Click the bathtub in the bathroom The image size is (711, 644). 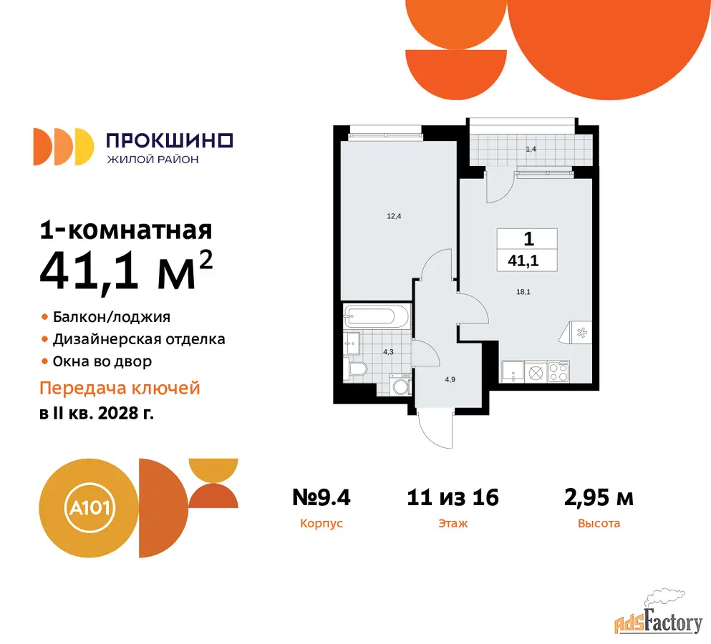[x=377, y=316]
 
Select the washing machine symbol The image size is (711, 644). [x=401, y=385]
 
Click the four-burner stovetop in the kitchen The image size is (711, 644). [x=558, y=371]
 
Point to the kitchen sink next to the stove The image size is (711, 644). [x=513, y=371]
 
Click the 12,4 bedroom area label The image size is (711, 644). [x=394, y=216]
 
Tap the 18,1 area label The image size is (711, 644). [x=523, y=292]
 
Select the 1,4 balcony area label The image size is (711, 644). [x=531, y=149]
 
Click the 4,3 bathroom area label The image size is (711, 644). [x=388, y=351]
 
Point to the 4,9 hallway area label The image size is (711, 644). [x=450, y=379]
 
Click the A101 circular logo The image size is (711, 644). [x=90, y=507]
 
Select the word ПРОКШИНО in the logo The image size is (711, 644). [x=170, y=141]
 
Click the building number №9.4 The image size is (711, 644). [x=321, y=497]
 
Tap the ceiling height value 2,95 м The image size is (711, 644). [x=599, y=497]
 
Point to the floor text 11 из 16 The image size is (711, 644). [x=453, y=497]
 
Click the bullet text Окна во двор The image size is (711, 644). [x=102, y=361]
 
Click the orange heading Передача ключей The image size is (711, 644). [x=120, y=389]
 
